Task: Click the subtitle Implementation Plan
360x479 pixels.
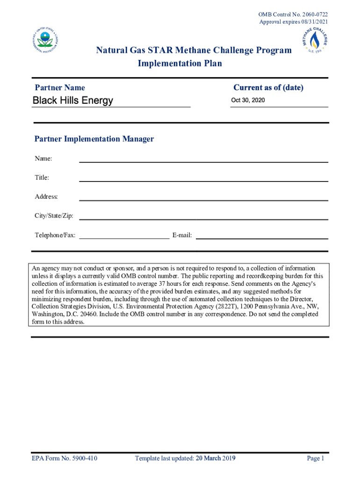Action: (180, 64)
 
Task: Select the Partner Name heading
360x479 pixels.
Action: (60, 88)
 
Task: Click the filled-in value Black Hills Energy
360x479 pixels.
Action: (72, 101)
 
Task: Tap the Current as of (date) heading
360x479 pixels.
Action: (268, 88)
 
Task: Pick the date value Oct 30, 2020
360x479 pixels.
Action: (248, 100)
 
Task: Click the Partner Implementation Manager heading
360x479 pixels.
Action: (94, 139)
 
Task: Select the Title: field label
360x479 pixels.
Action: (42, 178)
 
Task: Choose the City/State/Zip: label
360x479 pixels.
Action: (54, 216)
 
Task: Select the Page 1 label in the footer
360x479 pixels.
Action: (315, 458)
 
